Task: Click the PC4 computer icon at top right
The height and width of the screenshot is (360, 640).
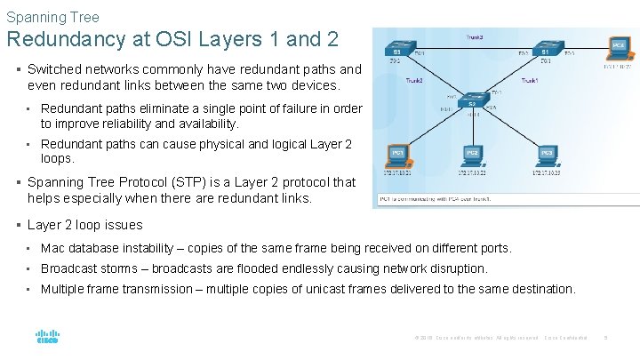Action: [619, 47]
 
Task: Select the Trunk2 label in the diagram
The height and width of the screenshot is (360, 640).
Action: [413, 81]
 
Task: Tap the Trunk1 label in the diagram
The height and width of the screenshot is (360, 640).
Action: [531, 81]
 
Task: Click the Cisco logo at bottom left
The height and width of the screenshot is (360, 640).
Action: [47, 338]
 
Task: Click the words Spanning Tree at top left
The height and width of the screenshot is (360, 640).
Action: [52, 17]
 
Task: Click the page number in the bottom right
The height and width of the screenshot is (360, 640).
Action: [604, 338]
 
